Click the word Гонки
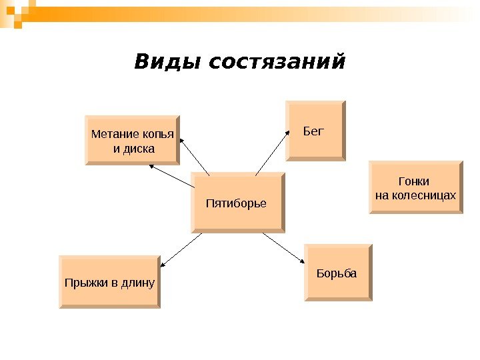coord(413,181)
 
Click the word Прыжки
coord(85,283)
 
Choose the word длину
coord(140,283)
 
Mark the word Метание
coord(111,134)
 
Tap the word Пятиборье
coord(236,202)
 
